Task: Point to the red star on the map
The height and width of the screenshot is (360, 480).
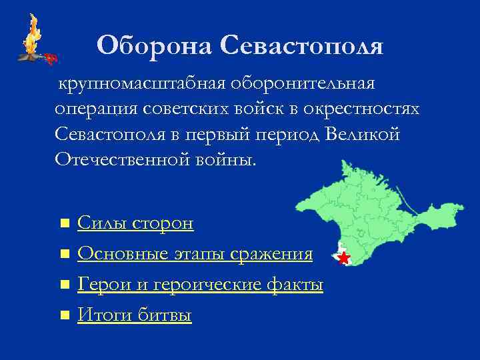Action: point(343,258)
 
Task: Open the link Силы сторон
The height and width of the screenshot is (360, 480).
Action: point(135,223)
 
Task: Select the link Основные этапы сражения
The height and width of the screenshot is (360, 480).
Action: point(195,254)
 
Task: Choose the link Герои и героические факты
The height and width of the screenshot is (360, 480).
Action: point(200,285)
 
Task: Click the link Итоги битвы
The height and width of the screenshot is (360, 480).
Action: point(135,315)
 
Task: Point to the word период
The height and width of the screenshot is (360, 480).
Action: point(287,134)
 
